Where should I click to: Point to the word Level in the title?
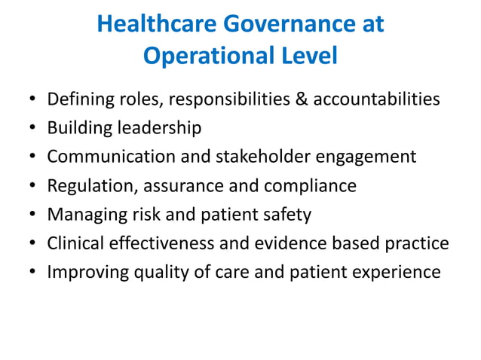point(308,56)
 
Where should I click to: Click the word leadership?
point(158,127)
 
